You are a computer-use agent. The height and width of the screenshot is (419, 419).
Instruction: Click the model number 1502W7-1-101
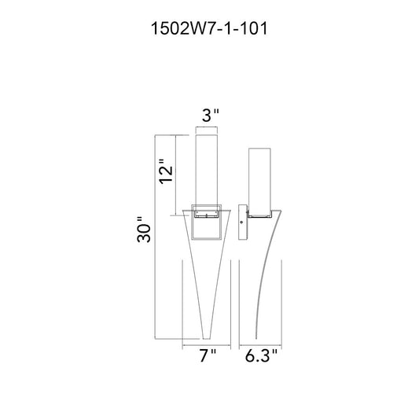[x=209, y=28]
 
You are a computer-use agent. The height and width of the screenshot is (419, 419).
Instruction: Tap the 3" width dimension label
[x=211, y=116]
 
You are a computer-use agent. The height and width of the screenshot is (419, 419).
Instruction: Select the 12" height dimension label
[x=166, y=171]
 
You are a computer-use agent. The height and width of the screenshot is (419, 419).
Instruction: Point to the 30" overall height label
[x=144, y=230]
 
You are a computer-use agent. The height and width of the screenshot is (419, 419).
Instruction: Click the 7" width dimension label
[x=208, y=355]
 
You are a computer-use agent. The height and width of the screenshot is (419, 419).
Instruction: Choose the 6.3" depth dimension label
[x=261, y=355]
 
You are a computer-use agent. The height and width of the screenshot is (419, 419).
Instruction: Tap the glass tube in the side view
[x=259, y=182]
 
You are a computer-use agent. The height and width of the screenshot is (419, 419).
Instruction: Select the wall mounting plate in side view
[x=243, y=222]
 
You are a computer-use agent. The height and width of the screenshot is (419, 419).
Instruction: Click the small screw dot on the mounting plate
[x=241, y=222]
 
